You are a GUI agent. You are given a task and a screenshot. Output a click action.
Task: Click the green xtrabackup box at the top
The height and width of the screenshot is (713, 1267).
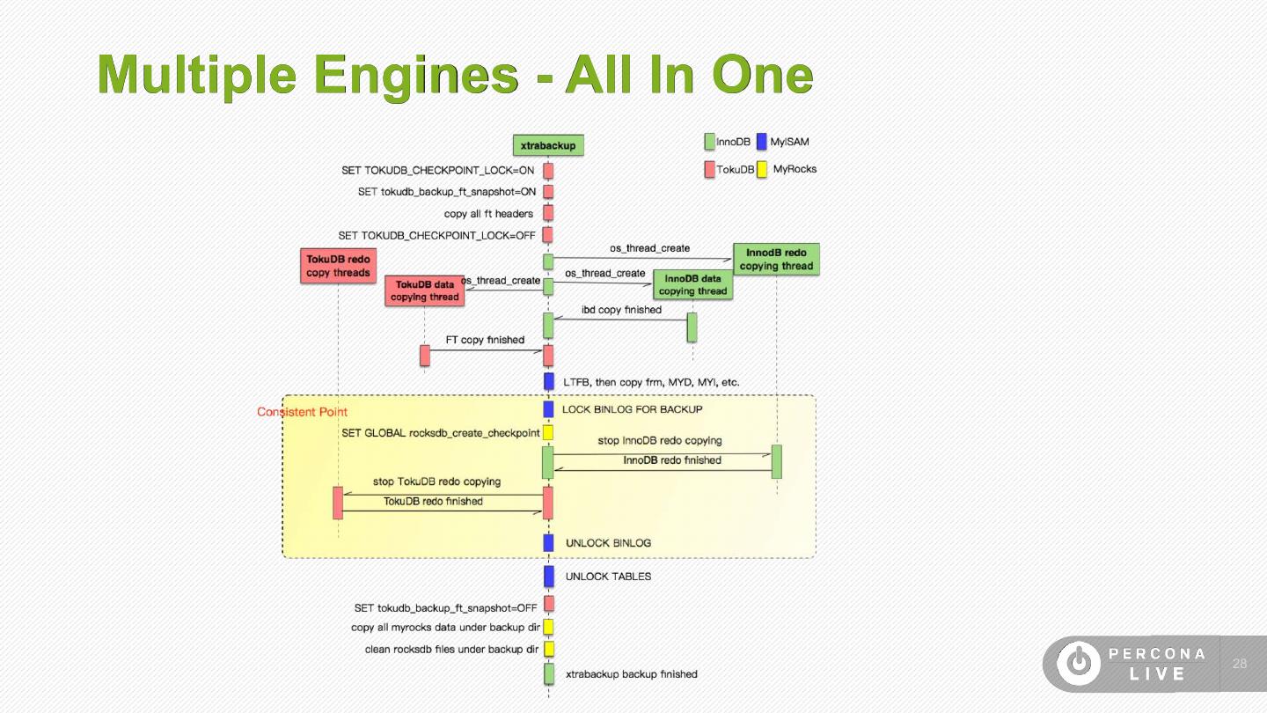click(x=548, y=145)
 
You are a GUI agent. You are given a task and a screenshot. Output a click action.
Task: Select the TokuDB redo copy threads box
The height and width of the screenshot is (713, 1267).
click(x=338, y=266)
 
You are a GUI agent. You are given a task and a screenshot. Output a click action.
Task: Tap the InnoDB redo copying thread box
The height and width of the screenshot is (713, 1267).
click(x=776, y=259)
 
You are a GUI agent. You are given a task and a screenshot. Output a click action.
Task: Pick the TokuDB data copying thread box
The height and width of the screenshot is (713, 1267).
click(x=425, y=290)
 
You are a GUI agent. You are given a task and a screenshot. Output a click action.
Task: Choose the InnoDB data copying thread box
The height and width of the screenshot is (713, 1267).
click(x=693, y=284)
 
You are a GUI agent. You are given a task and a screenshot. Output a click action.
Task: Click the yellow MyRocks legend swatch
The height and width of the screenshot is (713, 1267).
click(x=762, y=169)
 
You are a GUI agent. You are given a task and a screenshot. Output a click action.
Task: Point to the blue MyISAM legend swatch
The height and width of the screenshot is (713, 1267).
click(x=762, y=142)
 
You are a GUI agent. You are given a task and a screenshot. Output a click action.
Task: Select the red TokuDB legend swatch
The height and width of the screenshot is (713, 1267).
click(x=709, y=169)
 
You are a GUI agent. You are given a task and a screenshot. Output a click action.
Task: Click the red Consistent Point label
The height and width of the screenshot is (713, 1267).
click(x=302, y=412)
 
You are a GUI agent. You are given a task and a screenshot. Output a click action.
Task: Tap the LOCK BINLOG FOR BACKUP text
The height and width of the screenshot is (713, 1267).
click(x=633, y=409)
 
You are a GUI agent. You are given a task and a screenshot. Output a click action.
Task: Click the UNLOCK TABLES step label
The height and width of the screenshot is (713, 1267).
click(x=608, y=577)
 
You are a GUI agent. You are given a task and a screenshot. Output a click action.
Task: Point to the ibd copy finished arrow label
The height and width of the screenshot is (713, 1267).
click(x=621, y=310)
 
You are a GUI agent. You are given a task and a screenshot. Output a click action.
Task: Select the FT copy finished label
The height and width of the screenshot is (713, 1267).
click(x=485, y=340)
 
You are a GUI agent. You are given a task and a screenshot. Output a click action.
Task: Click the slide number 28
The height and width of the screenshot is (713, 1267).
click(x=1240, y=664)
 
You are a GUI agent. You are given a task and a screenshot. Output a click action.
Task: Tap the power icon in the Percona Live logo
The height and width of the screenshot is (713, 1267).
click(x=1079, y=663)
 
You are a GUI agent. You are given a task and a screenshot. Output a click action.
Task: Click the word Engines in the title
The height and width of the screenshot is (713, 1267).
click(x=415, y=76)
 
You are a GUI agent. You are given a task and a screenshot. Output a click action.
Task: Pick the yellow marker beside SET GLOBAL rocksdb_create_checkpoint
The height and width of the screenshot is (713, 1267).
click(x=548, y=433)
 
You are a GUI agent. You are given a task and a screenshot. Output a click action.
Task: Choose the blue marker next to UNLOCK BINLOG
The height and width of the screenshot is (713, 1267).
click(x=548, y=542)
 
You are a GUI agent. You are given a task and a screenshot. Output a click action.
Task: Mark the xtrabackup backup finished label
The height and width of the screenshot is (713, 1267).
click(x=631, y=674)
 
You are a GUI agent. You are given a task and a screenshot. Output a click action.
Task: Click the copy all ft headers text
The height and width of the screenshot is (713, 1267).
click(x=488, y=214)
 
